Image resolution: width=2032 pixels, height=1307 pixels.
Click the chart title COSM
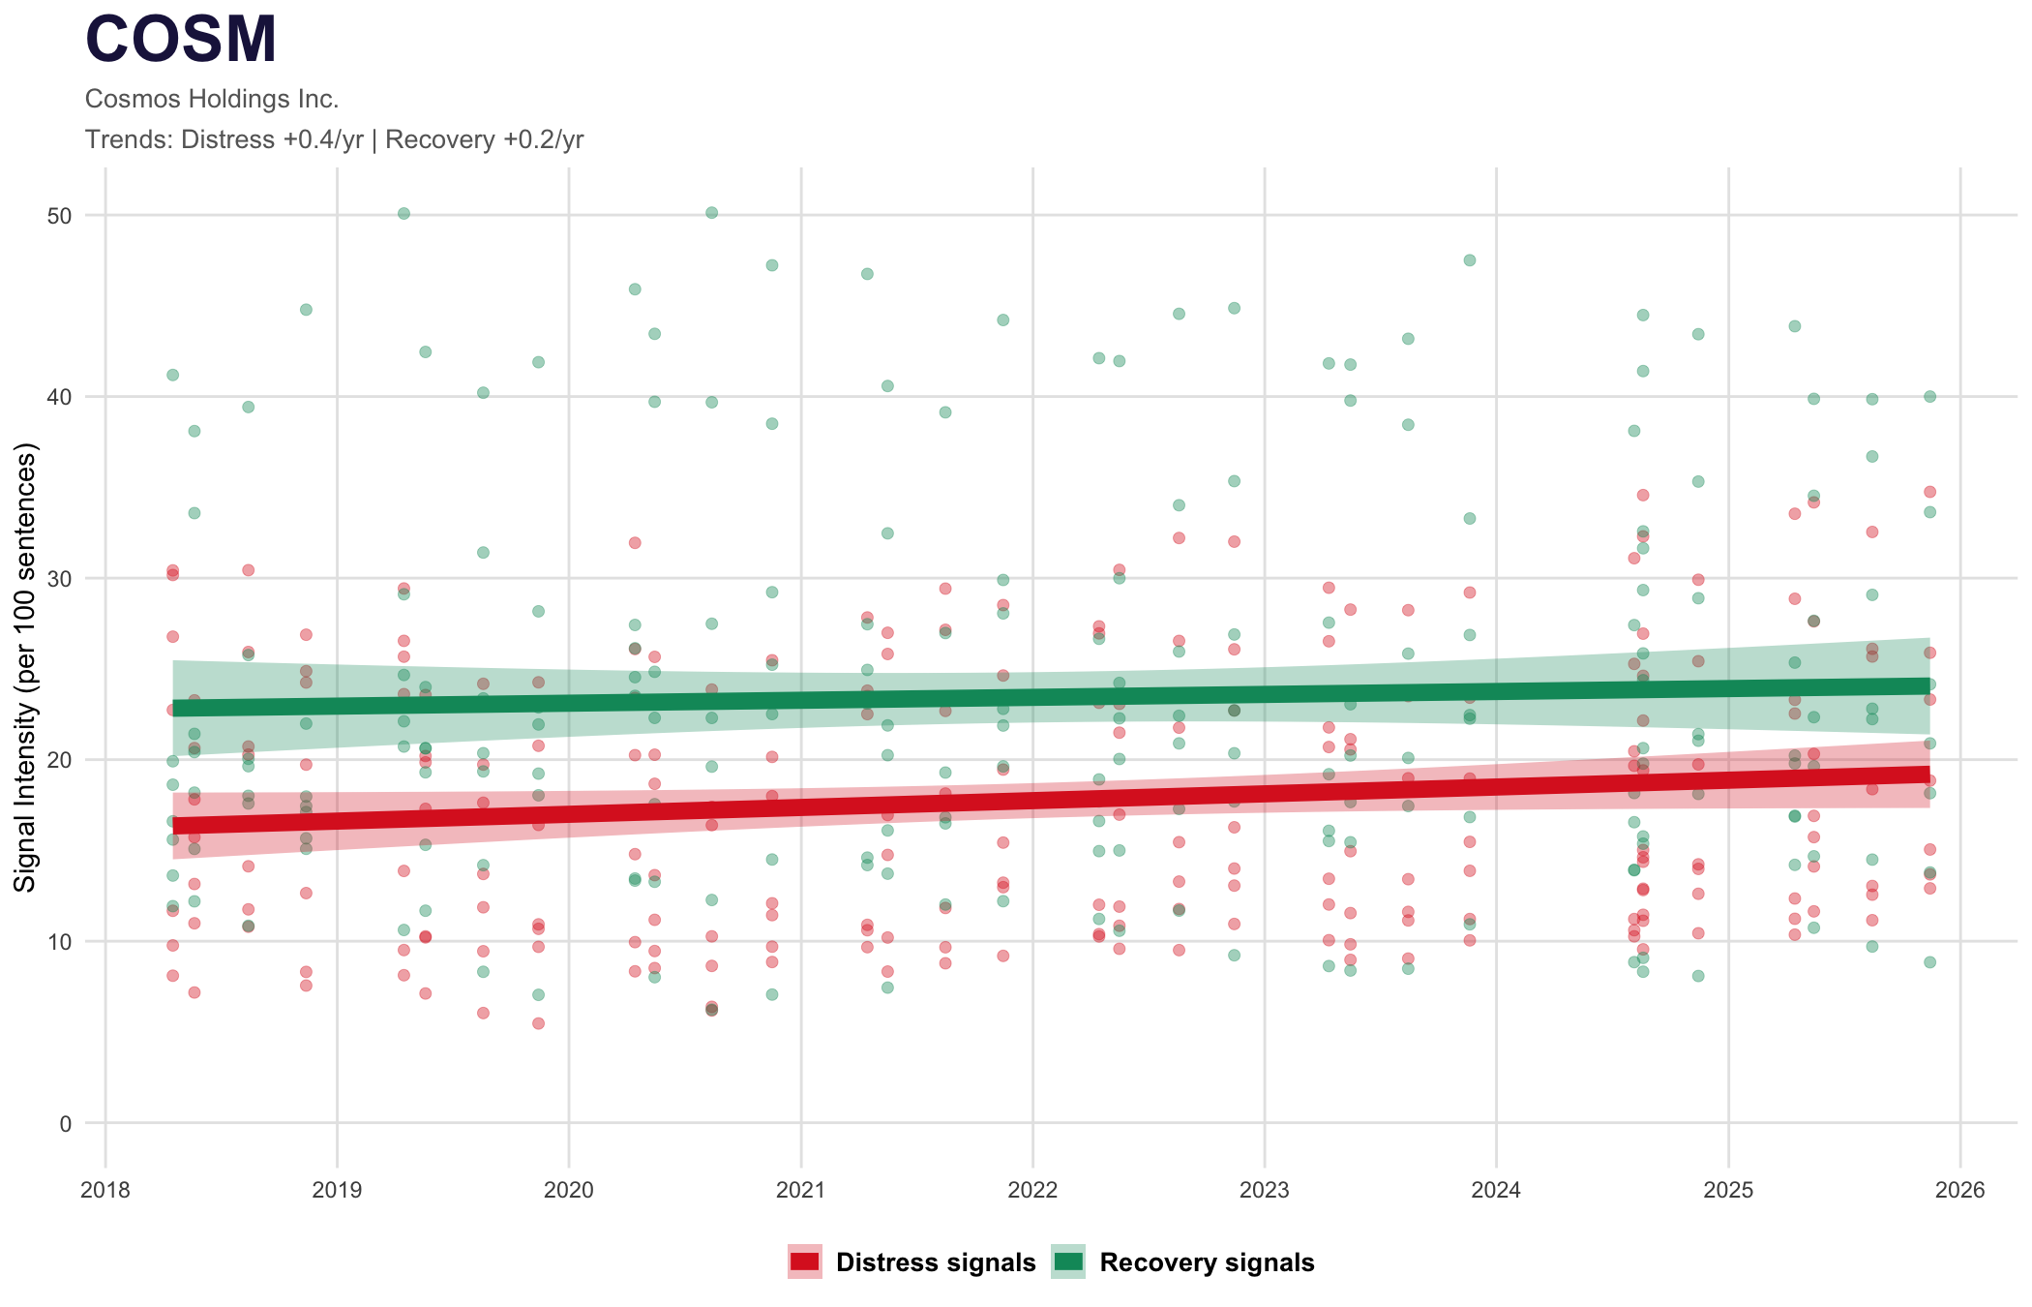(x=181, y=41)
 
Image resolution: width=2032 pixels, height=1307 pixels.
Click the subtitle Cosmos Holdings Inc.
(x=212, y=99)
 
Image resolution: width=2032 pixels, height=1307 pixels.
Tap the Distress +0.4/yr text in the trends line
(x=272, y=139)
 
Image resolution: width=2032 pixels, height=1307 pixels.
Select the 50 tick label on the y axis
(x=60, y=215)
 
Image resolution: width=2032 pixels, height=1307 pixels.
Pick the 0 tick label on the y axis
(x=66, y=1123)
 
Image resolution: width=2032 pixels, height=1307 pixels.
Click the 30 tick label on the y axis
(x=60, y=578)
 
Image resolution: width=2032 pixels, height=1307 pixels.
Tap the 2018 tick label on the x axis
(x=105, y=1190)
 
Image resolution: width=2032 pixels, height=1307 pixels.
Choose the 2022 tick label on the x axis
(x=1032, y=1190)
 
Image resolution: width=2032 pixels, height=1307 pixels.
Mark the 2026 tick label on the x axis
(x=1960, y=1190)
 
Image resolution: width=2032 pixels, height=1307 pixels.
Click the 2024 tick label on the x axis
(x=1496, y=1190)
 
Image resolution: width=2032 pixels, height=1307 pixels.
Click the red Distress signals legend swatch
(x=804, y=1261)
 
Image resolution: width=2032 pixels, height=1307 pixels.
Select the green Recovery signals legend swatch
(x=1068, y=1261)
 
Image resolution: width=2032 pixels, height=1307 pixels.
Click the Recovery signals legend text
(x=1207, y=1262)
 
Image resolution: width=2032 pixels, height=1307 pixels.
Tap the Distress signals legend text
(x=936, y=1262)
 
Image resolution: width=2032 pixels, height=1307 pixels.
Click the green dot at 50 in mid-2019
(x=403, y=213)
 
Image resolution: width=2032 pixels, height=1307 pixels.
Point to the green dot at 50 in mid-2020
(x=711, y=212)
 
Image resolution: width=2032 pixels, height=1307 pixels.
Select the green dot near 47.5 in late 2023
(x=1469, y=259)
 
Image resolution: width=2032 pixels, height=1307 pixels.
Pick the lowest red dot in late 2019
(x=538, y=1023)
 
